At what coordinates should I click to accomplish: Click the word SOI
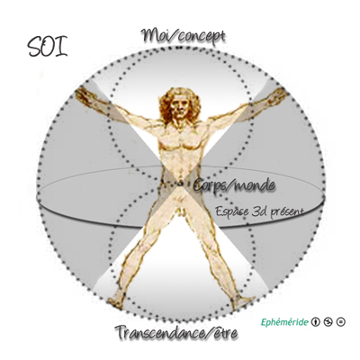[48, 47]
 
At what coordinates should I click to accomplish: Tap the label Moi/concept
[184, 36]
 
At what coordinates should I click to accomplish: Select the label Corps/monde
[234, 185]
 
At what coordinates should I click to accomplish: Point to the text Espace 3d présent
[259, 211]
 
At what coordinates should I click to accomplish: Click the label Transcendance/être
[176, 332]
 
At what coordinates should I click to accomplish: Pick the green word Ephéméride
[284, 322]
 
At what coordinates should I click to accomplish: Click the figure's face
[180, 106]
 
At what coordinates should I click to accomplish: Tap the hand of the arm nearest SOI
[85, 96]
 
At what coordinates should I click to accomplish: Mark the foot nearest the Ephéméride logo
[243, 301]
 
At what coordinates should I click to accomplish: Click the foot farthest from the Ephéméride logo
[116, 302]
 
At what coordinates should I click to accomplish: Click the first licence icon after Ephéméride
[315, 322]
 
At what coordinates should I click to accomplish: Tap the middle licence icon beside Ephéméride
[328, 322]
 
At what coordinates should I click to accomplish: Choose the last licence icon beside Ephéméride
[340, 322]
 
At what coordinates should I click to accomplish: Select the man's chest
[179, 141]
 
